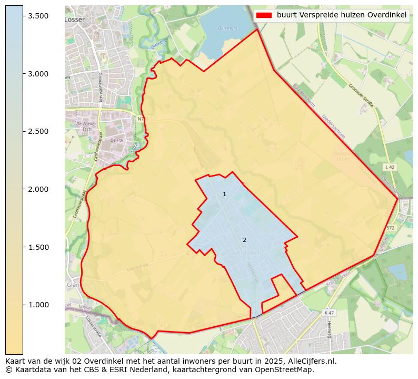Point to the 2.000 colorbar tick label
38,189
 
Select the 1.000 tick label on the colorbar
38,305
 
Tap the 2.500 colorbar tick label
38,131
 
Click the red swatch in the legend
264,15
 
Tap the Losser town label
74,19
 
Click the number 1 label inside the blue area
224,194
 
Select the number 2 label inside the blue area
244,240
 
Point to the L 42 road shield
390,167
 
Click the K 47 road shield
329,313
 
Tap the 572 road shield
390,228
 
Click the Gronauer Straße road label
361,95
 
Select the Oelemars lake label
227,28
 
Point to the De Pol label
116,140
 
